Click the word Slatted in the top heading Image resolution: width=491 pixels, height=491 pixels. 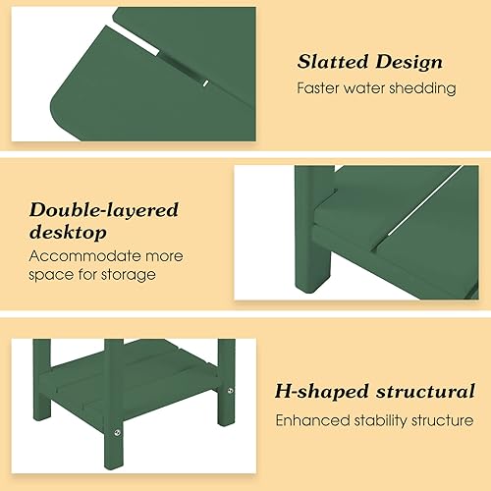[x=335, y=62]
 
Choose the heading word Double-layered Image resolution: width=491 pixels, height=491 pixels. [x=103, y=209]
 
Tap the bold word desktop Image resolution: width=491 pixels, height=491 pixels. [x=67, y=233]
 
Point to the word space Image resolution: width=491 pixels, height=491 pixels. [x=51, y=274]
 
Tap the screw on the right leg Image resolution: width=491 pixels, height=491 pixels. [x=231, y=392]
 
